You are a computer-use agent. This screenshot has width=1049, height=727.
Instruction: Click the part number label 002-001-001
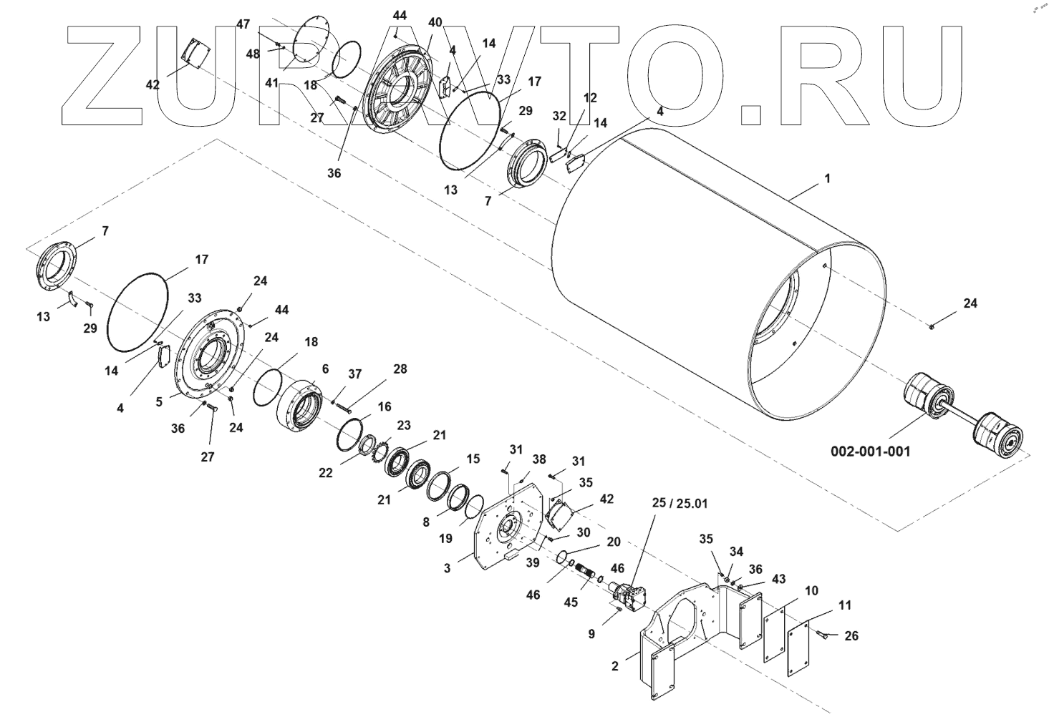871,452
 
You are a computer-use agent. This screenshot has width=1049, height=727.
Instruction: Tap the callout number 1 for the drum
828,178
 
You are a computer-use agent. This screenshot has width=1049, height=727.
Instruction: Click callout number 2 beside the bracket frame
614,666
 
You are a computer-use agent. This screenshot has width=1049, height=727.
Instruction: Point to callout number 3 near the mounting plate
447,569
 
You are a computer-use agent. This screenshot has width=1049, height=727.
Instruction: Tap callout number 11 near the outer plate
845,605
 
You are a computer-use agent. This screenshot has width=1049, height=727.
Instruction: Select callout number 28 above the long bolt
400,369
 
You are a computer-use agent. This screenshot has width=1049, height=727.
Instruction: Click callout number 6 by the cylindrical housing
325,369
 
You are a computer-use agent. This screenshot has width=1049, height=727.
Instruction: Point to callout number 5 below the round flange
159,403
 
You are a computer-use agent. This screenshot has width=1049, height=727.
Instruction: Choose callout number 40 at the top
435,23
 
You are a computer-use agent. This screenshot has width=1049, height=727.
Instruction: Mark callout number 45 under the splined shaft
570,602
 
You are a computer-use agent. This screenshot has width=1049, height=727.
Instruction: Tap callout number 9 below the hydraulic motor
591,633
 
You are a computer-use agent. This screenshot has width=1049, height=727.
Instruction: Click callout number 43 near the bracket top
759,578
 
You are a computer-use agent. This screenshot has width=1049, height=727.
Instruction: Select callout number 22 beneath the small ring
326,473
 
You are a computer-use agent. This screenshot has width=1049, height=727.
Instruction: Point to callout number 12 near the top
589,97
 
